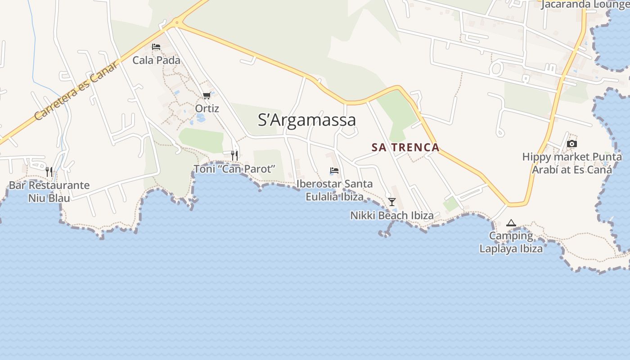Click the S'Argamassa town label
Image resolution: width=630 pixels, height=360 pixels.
307,120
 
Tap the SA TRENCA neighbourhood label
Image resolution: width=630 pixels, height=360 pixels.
405,147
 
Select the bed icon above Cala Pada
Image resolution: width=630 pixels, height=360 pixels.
156,47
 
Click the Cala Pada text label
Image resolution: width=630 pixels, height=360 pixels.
156,60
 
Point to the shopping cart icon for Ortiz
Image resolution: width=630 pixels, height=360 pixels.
207,95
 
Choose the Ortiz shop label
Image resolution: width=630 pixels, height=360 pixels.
207,108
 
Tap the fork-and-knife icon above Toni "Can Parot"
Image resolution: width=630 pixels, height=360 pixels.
234,155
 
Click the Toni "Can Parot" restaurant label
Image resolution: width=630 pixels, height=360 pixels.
234,169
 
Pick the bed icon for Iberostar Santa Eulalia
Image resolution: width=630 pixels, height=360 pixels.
334,171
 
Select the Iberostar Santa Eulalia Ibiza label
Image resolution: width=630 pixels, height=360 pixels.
334,190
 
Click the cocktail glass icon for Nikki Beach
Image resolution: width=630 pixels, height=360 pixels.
392,202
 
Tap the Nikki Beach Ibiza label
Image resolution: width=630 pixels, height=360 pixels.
392,216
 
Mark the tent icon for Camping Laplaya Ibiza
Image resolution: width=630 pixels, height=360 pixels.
511,223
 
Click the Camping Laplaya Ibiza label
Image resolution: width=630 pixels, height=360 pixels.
511,242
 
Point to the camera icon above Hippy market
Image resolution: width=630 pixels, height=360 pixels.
572,144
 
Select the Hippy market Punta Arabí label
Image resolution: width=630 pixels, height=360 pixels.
572,163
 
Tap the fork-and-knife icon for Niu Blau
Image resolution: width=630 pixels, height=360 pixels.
49,171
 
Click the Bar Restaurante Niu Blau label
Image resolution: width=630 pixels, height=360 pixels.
49,191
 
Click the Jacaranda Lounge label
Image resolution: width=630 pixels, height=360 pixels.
585,4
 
